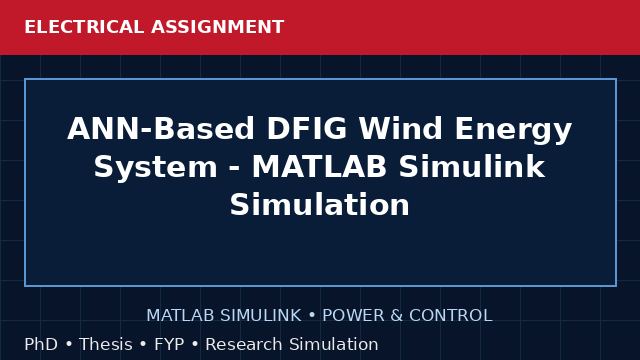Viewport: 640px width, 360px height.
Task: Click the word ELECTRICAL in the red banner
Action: (x=84, y=27)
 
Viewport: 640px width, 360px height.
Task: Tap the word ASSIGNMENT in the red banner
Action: (x=217, y=27)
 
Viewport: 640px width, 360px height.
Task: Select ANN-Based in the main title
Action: (x=161, y=128)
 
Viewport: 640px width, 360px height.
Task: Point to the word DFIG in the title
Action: (x=307, y=128)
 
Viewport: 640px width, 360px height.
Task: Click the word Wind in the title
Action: (x=400, y=128)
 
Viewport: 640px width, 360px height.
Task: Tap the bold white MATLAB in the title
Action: (x=319, y=167)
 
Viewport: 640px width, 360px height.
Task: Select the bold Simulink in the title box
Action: (x=472, y=167)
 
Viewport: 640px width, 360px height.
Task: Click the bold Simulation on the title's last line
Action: (x=320, y=204)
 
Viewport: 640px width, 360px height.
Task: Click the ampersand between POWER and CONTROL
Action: (x=397, y=316)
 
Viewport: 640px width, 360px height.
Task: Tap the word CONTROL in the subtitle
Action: (x=451, y=316)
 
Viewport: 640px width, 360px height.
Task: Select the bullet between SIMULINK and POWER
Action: (x=312, y=316)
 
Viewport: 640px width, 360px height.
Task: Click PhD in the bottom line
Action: (x=41, y=344)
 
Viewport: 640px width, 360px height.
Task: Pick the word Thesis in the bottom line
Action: (x=106, y=344)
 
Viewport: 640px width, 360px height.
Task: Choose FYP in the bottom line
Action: (x=169, y=344)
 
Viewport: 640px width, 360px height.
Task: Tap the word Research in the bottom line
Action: (x=244, y=344)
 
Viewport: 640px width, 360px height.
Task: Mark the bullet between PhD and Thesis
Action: (x=69, y=344)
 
